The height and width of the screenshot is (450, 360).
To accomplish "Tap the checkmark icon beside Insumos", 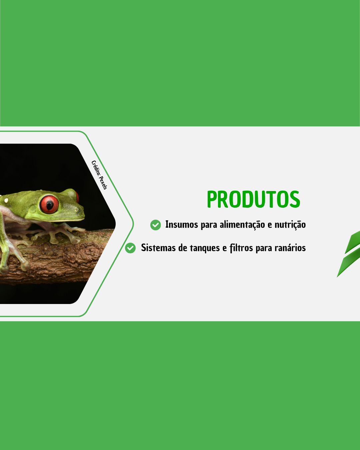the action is (x=155, y=225).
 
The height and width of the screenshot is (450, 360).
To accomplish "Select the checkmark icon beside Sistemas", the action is (x=130, y=248).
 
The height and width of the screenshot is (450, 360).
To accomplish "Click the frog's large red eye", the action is (x=49, y=204).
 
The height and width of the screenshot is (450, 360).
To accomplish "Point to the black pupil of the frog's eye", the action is (x=50, y=205).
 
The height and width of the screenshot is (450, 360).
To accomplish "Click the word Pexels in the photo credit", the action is (x=103, y=183).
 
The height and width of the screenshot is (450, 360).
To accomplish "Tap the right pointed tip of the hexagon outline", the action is (x=133, y=224).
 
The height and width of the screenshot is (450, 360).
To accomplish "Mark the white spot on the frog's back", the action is (x=6, y=200).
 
